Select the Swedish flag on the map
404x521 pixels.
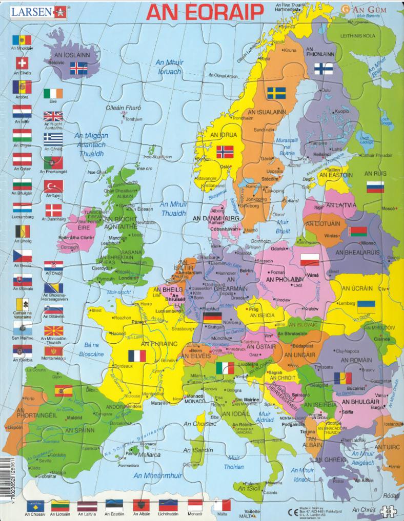click(x=276, y=93)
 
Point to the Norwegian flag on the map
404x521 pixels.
click(x=225, y=152)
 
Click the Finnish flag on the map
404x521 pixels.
click(x=321, y=68)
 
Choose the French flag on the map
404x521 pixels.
click(x=137, y=356)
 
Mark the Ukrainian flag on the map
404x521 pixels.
click(x=366, y=306)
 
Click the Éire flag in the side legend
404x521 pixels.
click(x=53, y=93)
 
